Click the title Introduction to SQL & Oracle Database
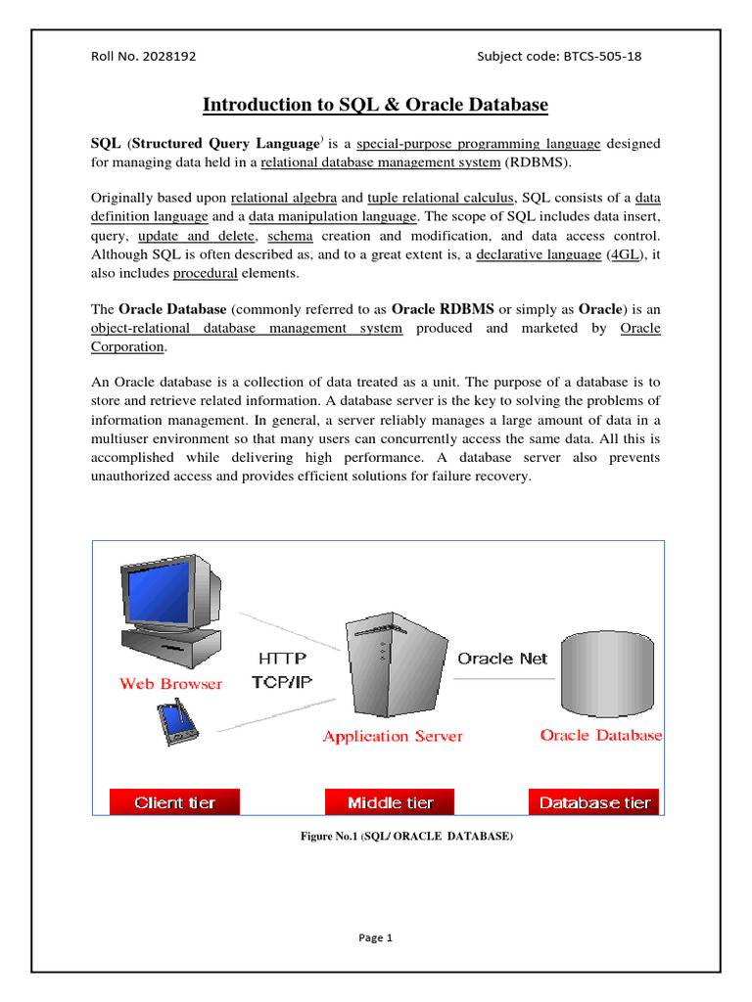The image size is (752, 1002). coord(375,105)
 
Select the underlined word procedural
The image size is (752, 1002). coord(206,273)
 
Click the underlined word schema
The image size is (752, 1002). coord(290,236)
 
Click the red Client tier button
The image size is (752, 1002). coord(174,802)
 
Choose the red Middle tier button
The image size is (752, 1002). coord(391,802)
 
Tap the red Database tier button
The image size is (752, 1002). coord(594,802)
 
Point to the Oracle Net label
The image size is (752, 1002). coord(502,659)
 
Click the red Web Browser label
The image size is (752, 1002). coord(170,684)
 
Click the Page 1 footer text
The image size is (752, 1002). coord(375,937)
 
